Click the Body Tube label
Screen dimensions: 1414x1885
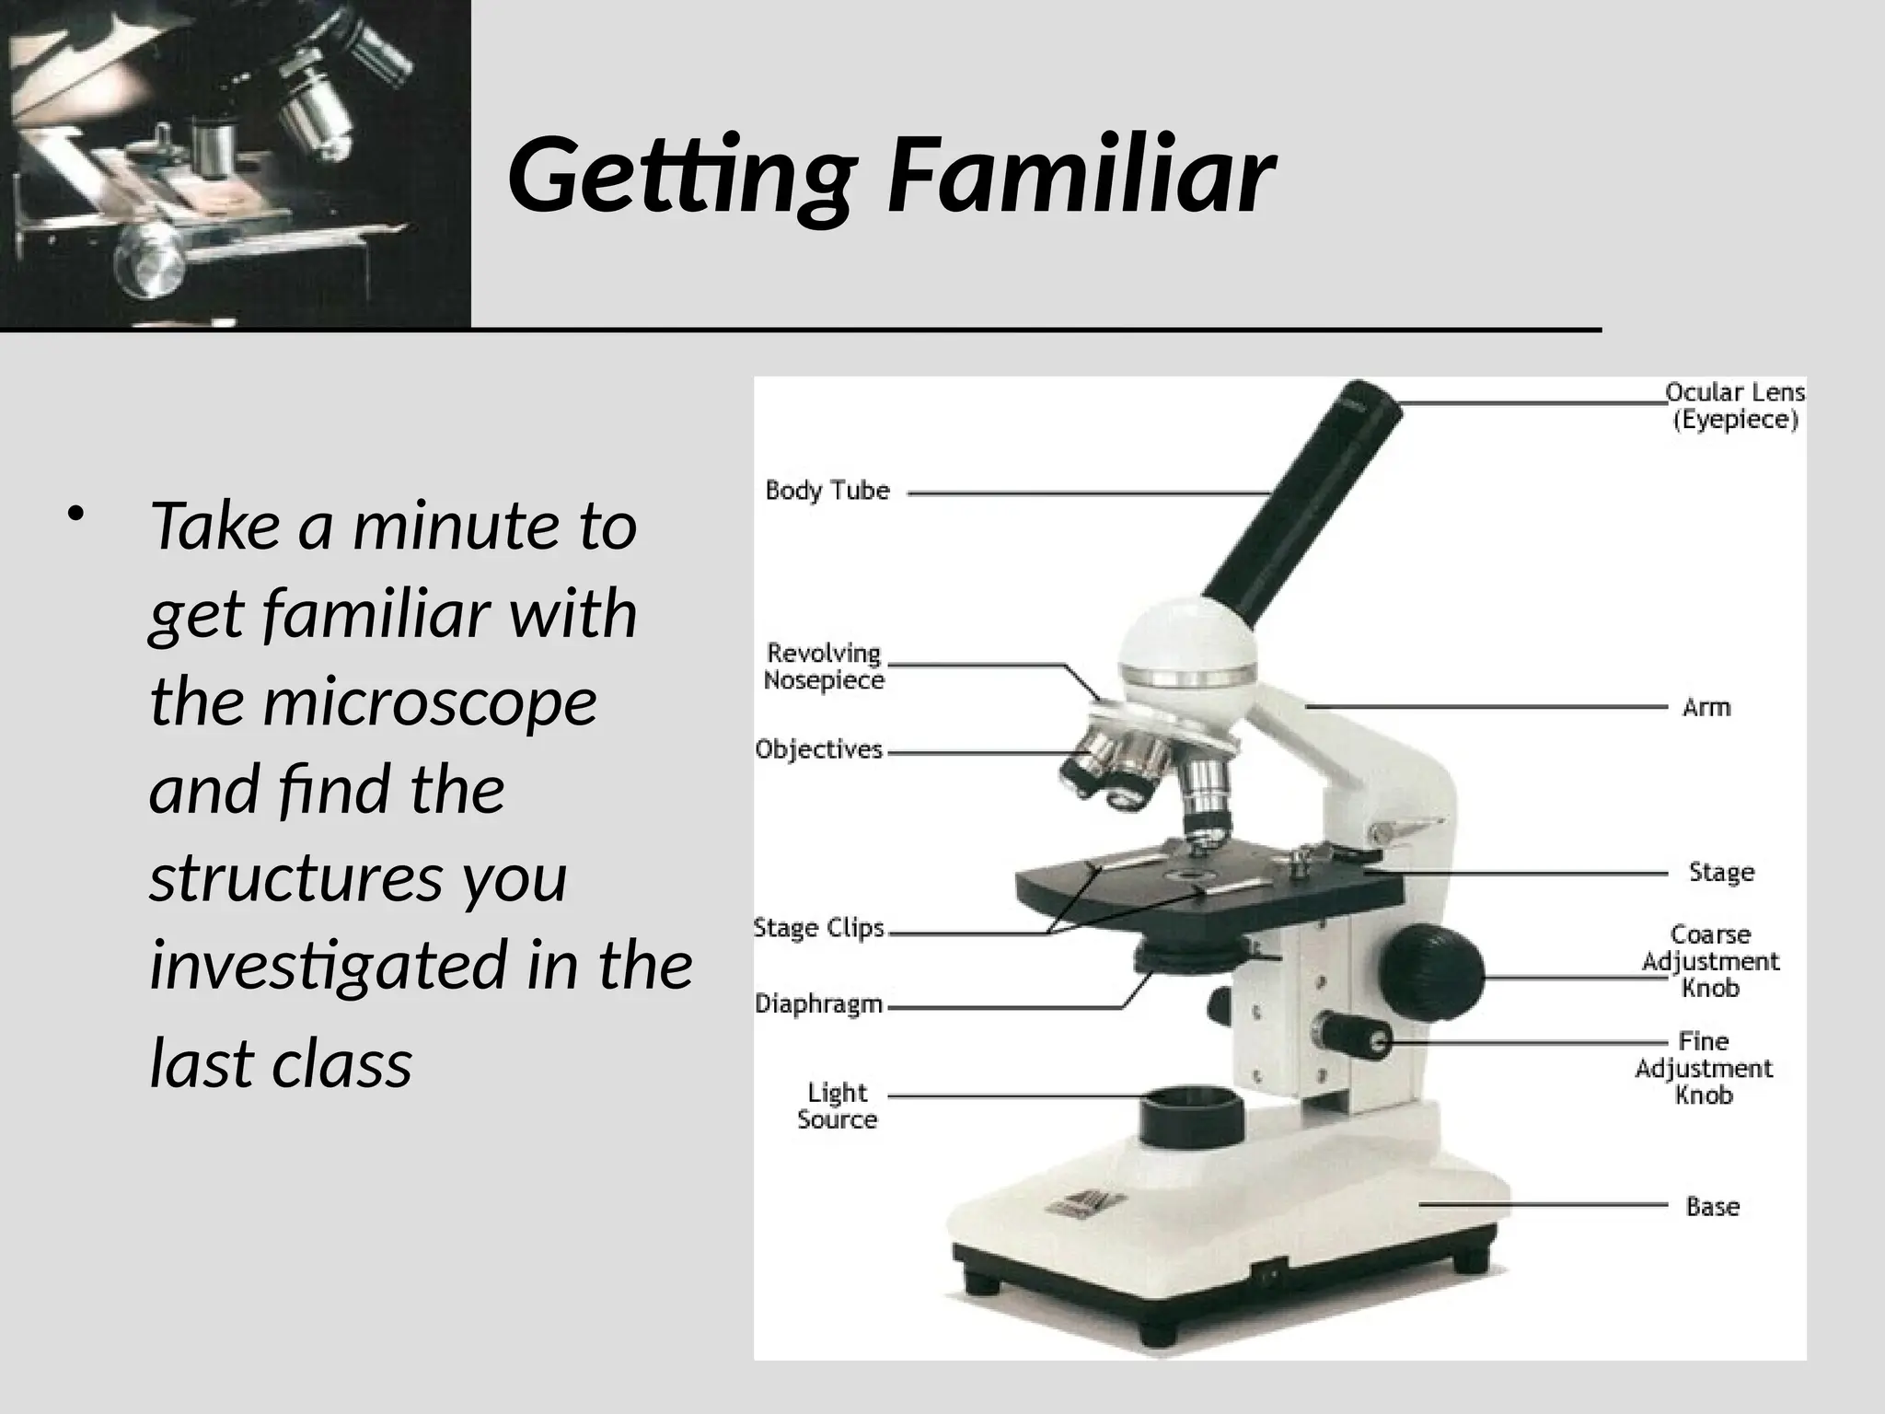pos(827,491)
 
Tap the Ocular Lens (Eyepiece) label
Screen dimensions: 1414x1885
pos(1735,406)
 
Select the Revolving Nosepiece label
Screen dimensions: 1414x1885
pos(825,666)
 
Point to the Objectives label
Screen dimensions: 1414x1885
pos(818,750)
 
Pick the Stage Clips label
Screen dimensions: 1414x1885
pos(818,928)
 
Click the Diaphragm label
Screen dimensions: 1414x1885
pos(818,1004)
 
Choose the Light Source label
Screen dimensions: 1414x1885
pos(837,1106)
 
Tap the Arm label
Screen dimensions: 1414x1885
pos(1706,708)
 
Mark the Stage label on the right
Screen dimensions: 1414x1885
pos(1721,873)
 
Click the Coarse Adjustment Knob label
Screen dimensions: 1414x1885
pos(1710,961)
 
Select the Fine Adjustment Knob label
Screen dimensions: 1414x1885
pos(1704,1068)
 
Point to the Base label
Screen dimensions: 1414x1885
pos(1712,1207)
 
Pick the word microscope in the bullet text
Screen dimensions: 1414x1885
pos(430,702)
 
